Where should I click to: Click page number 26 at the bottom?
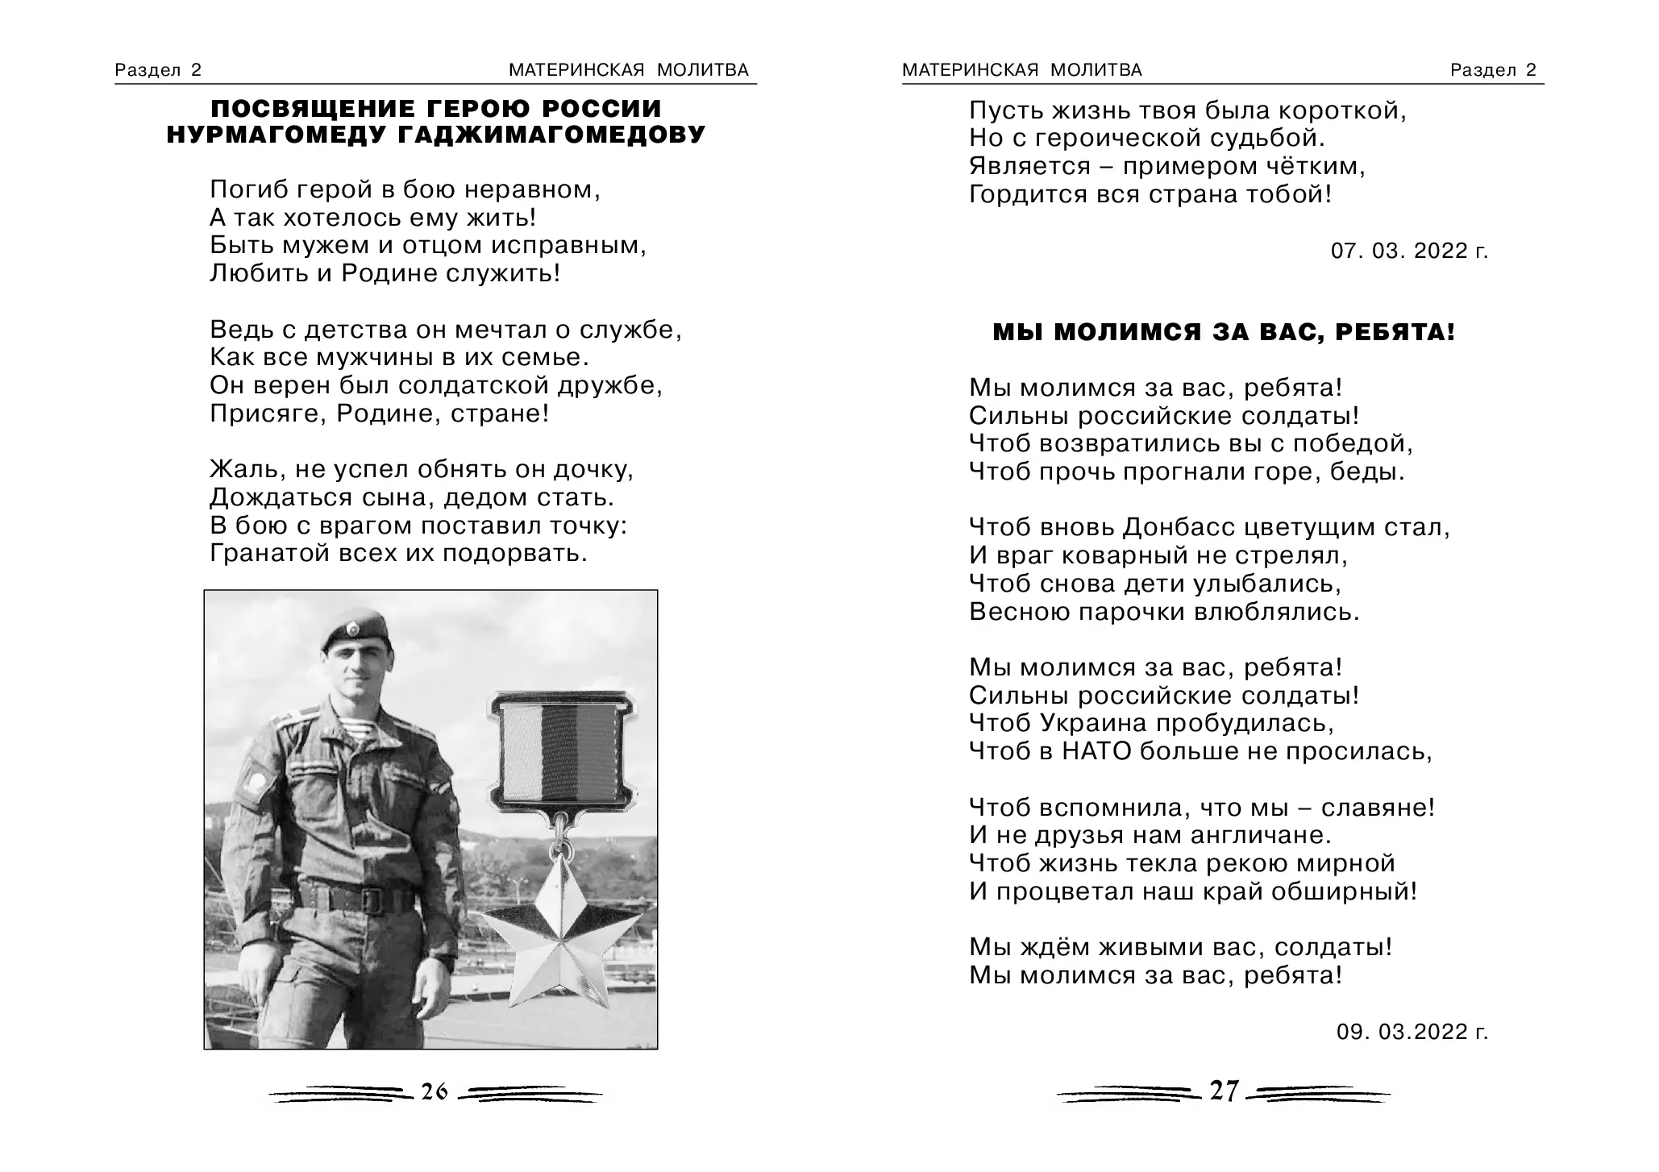(434, 1091)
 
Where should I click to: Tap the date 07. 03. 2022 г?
(1409, 251)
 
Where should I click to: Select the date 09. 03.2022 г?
(1412, 1032)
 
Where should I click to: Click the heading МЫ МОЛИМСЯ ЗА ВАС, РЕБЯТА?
(1224, 332)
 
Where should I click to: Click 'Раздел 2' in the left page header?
(158, 70)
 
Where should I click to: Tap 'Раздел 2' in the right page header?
(1493, 70)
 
